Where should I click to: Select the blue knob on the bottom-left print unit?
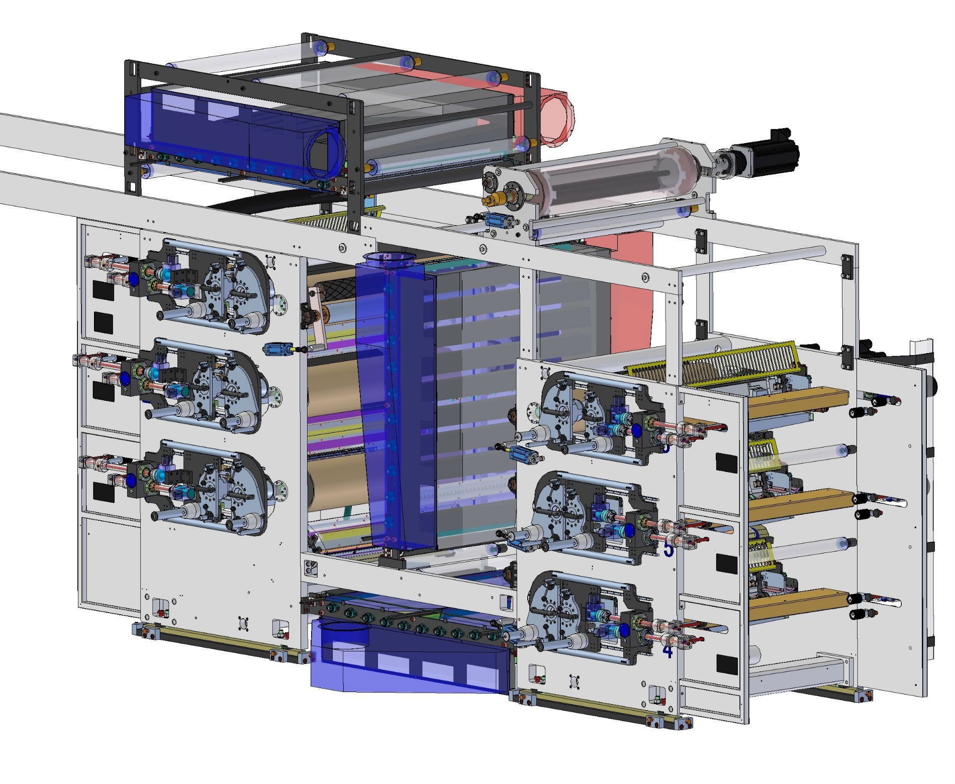point(130,480)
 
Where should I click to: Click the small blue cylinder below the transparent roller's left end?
point(498,220)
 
